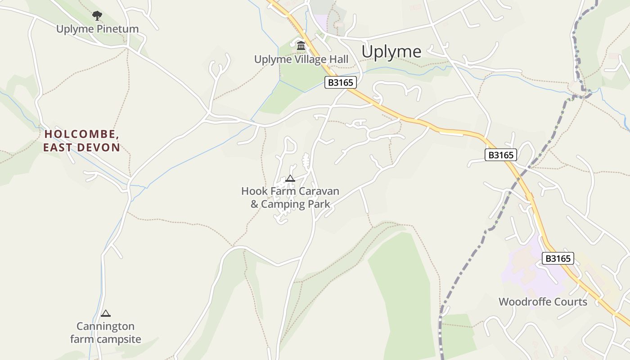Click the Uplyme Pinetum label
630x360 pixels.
[x=97, y=29]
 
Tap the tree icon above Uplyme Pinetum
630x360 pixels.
[x=97, y=16]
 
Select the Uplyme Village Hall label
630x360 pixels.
[x=301, y=59]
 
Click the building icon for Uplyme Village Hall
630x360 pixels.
[x=301, y=45]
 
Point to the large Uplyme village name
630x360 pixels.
[x=391, y=52]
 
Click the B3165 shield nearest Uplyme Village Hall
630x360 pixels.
[x=341, y=82]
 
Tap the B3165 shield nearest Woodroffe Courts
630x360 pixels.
[x=558, y=258]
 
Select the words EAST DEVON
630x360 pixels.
[x=81, y=148]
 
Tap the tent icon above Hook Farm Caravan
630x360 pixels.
[x=290, y=179]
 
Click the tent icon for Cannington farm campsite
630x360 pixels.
[x=106, y=313]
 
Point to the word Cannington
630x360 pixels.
[x=105, y=326]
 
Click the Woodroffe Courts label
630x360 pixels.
[x=543, y=302]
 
